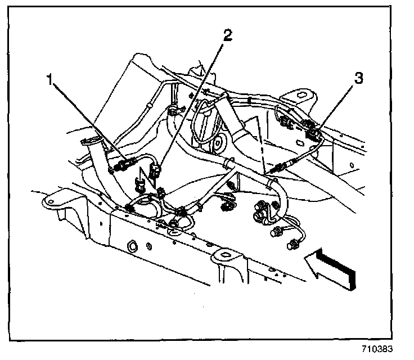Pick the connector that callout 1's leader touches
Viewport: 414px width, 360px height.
pos(123,165)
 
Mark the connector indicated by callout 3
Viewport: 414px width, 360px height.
pos(313,134)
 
